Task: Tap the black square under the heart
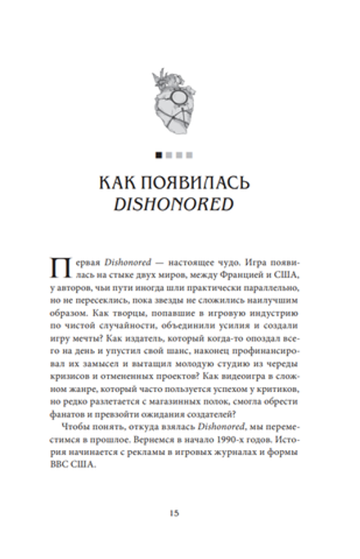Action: click(x=157, y=152)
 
